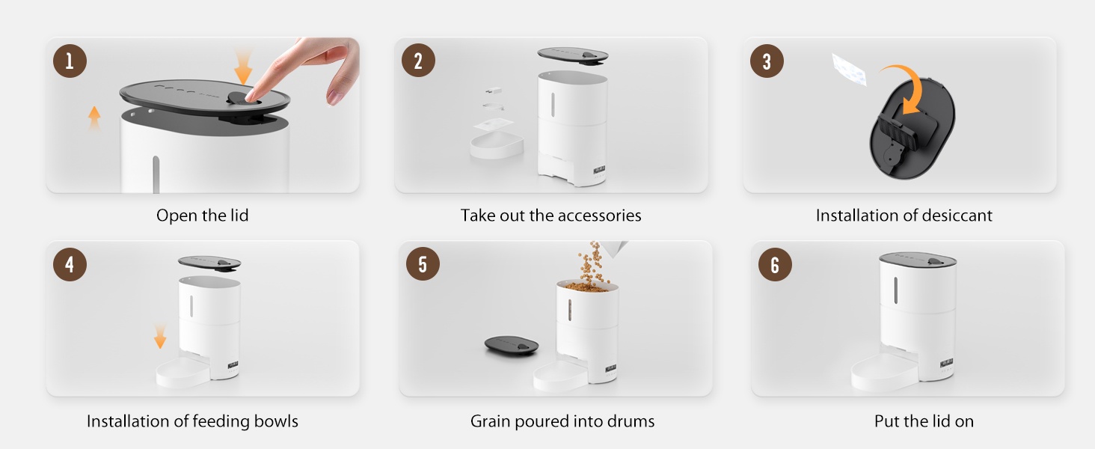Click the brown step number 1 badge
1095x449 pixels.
pos(70,61)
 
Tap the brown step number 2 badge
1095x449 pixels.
pos(418,61)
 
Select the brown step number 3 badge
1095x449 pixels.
pos(767,61)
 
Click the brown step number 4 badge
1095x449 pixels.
pos(70,265)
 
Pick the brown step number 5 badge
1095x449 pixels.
pos(423,264)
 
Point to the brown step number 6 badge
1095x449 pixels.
pos(775,265)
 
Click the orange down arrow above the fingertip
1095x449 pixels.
pos(243,67)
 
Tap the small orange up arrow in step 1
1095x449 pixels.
pos(94,118)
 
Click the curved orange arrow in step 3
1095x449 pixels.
pos(915,83)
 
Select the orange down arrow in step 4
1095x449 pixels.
pos(160,336)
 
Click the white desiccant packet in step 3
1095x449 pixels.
pos(850,70)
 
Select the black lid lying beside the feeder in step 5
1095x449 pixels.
pos(512,345)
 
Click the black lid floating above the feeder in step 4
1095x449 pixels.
pos(209,263)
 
